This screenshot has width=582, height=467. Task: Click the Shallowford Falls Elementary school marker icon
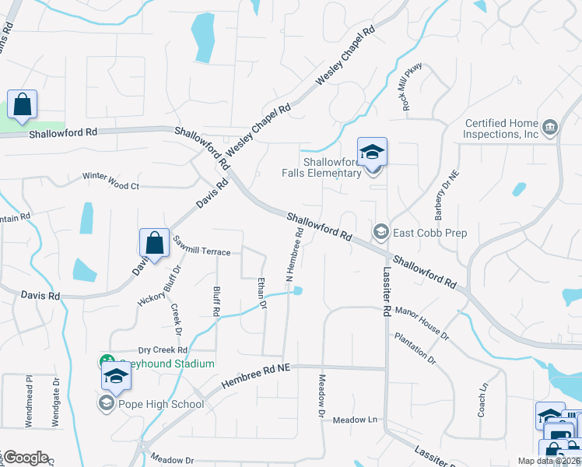point(372,152)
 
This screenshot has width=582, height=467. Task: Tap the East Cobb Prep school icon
point(381,230)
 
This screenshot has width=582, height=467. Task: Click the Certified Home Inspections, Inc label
point(502,128)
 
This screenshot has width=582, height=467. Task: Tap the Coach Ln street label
point(482,399)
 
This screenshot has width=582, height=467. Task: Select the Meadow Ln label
point(355,420)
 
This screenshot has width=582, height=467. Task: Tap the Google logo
point(26,457)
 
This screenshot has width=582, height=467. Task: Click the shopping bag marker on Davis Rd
point(155,242)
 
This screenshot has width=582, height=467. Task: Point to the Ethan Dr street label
point(261,294)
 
